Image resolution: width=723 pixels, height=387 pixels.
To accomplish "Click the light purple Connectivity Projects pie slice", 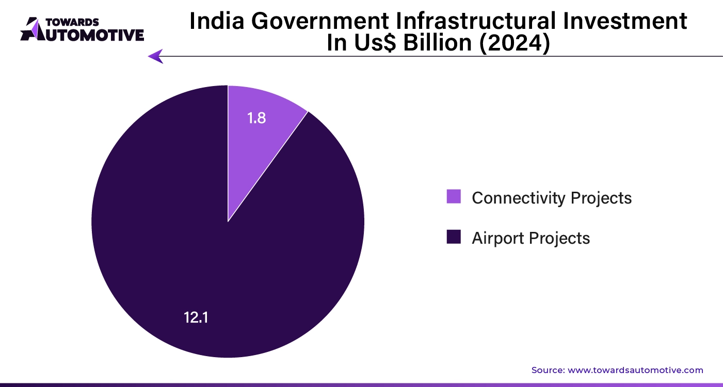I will pyautogui.click(x=258, y=139).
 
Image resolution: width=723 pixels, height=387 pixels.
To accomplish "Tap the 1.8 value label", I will pyautogui.click(x=256, y=118).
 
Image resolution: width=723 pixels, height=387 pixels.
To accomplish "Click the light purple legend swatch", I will pyautogui.click(x=454, y=197).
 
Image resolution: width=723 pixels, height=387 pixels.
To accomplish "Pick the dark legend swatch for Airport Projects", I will pyautogui.click(x=454, y=237).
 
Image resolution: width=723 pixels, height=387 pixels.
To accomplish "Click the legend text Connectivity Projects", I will pyautogui.click(x=551, y=197).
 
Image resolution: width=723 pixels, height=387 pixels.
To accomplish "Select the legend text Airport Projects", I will pyautogui.click(x=531, y=238).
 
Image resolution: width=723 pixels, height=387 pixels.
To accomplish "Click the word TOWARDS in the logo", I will pyautogui.click(x=69, y=22).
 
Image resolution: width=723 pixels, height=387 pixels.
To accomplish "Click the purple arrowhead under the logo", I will pyautogui.click(x=155, y=56).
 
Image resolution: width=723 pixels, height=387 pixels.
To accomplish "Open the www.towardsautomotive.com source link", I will pyautogui.click(x=635, y=370).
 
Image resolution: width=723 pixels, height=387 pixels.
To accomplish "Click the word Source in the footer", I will pyautogui.click(x=548, y=370).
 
